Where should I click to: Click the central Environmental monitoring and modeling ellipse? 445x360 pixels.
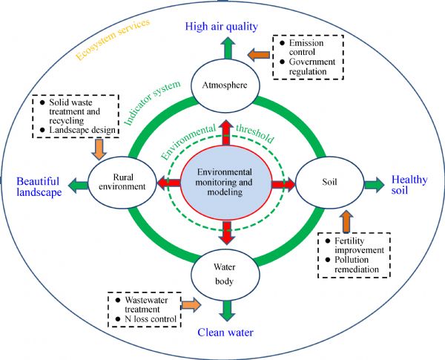tap(226, 182)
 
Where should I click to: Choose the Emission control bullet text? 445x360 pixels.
tap(304, 49)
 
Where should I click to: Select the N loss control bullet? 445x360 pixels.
tap(146, 320)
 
